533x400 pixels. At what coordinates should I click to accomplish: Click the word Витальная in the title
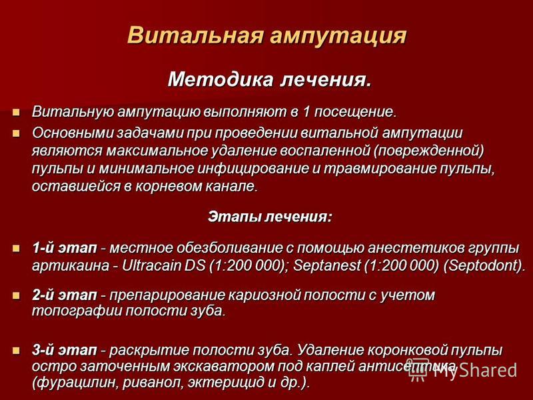click(x=195, y=35)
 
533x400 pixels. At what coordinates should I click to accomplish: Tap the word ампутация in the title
click(x=338, y=36)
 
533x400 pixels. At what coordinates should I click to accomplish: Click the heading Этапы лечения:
click(x=270, y=217)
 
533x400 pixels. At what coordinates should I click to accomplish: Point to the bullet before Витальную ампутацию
click(x=16, y=112)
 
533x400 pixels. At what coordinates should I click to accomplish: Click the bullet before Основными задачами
click(x=16, y=133)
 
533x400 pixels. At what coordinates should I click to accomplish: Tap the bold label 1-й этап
click(x=65, y=247)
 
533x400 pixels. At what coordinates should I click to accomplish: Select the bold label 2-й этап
click(x=65, y=295)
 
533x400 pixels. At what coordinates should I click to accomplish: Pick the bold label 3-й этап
click(x=65, y=351)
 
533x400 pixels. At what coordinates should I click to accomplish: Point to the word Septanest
click(x=326, y=265)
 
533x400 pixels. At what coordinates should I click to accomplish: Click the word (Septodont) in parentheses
click(x=484, y=265)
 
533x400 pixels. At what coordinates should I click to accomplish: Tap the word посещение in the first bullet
click(x=355, y=112)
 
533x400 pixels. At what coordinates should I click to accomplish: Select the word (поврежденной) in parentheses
click(x=428, y=151)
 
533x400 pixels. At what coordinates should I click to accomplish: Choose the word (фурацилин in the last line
click(x=75, y=383)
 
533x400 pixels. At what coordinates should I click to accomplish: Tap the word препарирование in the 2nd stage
click(x=167, y=295)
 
